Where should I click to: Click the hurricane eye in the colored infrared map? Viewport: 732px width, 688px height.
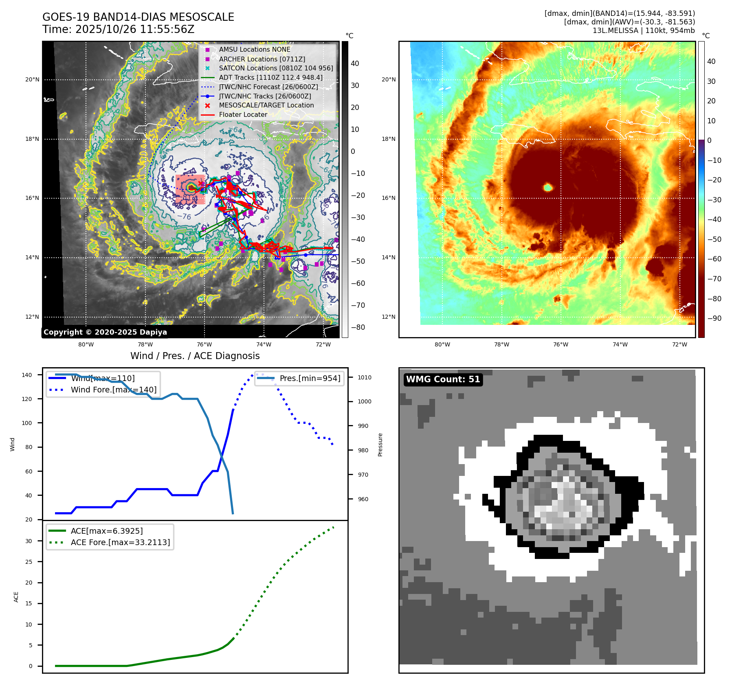click(x=548, y=187)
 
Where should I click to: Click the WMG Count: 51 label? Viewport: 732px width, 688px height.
click(x=443, y=379)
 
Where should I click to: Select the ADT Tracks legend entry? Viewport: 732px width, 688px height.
click(x=270, y=77)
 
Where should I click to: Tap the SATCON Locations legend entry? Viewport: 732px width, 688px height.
click(x=276, y=68)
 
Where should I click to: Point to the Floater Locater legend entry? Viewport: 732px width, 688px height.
click(x=243, y=114)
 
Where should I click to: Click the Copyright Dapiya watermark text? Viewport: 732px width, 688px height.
click(x=105, y=332)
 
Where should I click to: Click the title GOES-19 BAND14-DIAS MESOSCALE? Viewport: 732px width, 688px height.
click(x=138, y=17)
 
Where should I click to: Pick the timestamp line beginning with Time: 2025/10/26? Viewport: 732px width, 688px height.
click(x=118, y=29)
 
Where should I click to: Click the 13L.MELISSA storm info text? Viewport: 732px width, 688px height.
click(x=644, y=31)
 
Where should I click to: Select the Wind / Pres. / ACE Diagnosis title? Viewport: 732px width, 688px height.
click(x=195, y=356)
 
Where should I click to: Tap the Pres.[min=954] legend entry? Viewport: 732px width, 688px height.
click(x=310, y=378)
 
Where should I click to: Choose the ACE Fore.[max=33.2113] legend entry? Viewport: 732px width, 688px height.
click(x=120, y=542)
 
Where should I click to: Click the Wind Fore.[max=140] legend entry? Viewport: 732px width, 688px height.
click(x=114, y=390)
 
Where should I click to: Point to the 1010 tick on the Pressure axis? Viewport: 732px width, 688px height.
click(x=365, y=377)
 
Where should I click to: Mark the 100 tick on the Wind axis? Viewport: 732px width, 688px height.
click(x=26, y=423)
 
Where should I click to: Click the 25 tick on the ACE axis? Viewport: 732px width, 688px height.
click(x=29, y=562)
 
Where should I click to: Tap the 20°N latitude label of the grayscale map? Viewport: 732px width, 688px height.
click(x=32, y=79)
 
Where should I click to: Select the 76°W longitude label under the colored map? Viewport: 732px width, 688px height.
click(x=561, y=344)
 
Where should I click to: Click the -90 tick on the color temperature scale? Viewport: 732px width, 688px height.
click(x=714, y=318)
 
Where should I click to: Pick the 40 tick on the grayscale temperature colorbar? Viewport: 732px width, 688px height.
click(x=355, y=64)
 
